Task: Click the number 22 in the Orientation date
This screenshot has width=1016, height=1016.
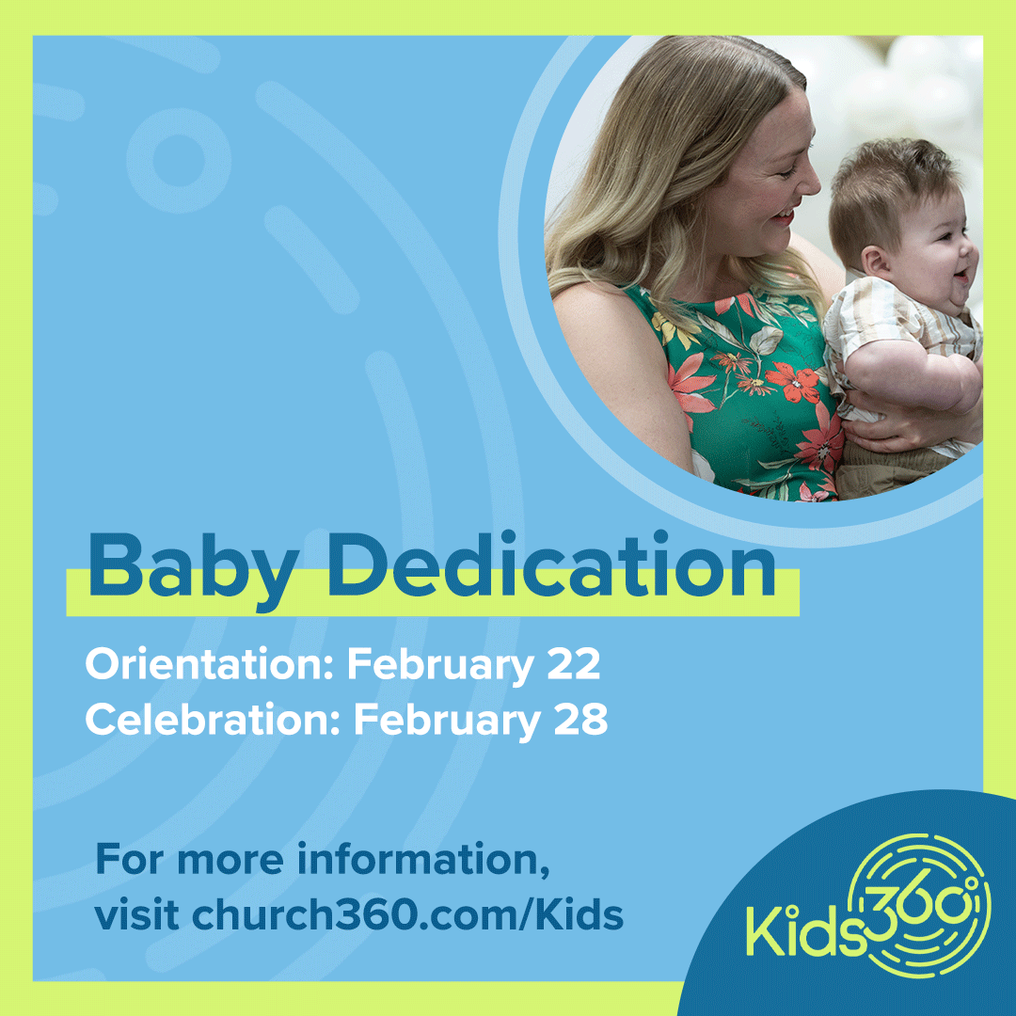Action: [x=573, y=665]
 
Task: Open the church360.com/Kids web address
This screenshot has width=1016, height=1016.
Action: [x=407, y=914]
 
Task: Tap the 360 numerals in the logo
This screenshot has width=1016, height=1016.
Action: [x=913, y=898]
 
